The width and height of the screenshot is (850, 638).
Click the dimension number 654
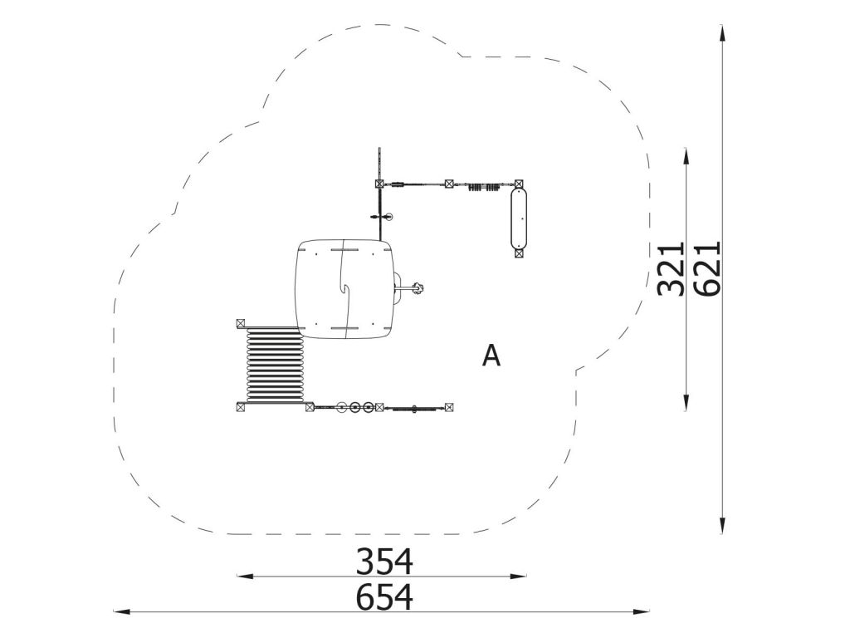pyautogui.click(x=384, y=596)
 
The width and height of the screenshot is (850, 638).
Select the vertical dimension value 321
pyautogui.click(x=671, y=268)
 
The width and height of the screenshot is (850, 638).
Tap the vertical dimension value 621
pyautogui.click(x=707, y=268)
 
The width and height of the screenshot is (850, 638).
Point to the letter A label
pyautogui.click(x=491, y=356)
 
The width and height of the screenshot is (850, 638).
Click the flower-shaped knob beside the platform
pyautogui.click(x=418, y=288)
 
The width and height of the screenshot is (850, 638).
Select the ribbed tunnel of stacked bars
pyautogui.click(x=274, y=365)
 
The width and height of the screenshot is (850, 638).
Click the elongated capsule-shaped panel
pyautogui.click(x=519, y=218)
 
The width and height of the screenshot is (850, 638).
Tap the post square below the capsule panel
pyautogui.click(x=519, y=253)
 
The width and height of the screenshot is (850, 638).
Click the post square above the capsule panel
pyautogui.click(x=519, y=184)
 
